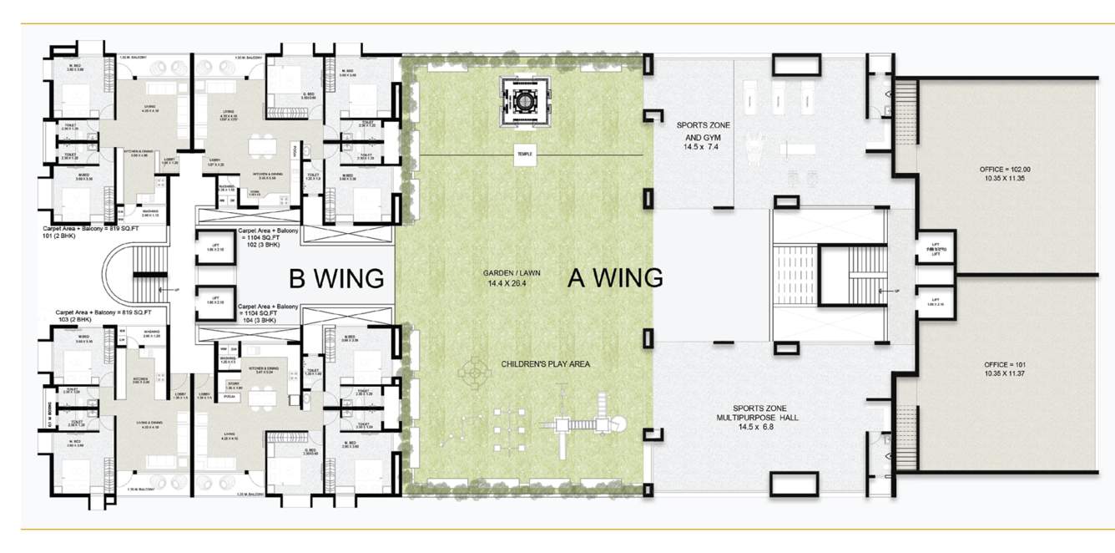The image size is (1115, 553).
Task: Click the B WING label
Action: pyautogui.click(x=336, y=277)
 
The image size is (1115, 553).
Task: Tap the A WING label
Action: pyautogui.click(x=615, y=277)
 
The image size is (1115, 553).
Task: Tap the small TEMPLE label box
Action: pyautogui.click(x=524, y=155)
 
